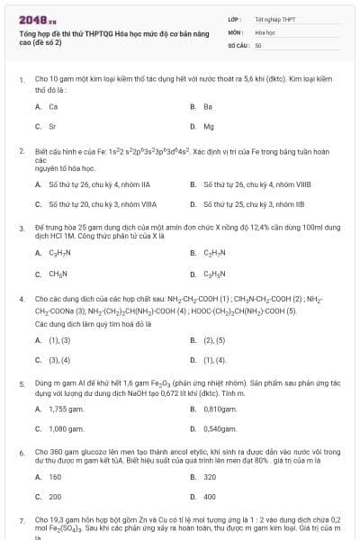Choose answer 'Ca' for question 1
tap(53, 106)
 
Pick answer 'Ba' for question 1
tap(208, 106)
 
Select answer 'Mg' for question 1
tap(209, 127)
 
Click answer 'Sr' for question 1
tap(53, 127)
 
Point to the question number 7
tap(22, 520)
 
